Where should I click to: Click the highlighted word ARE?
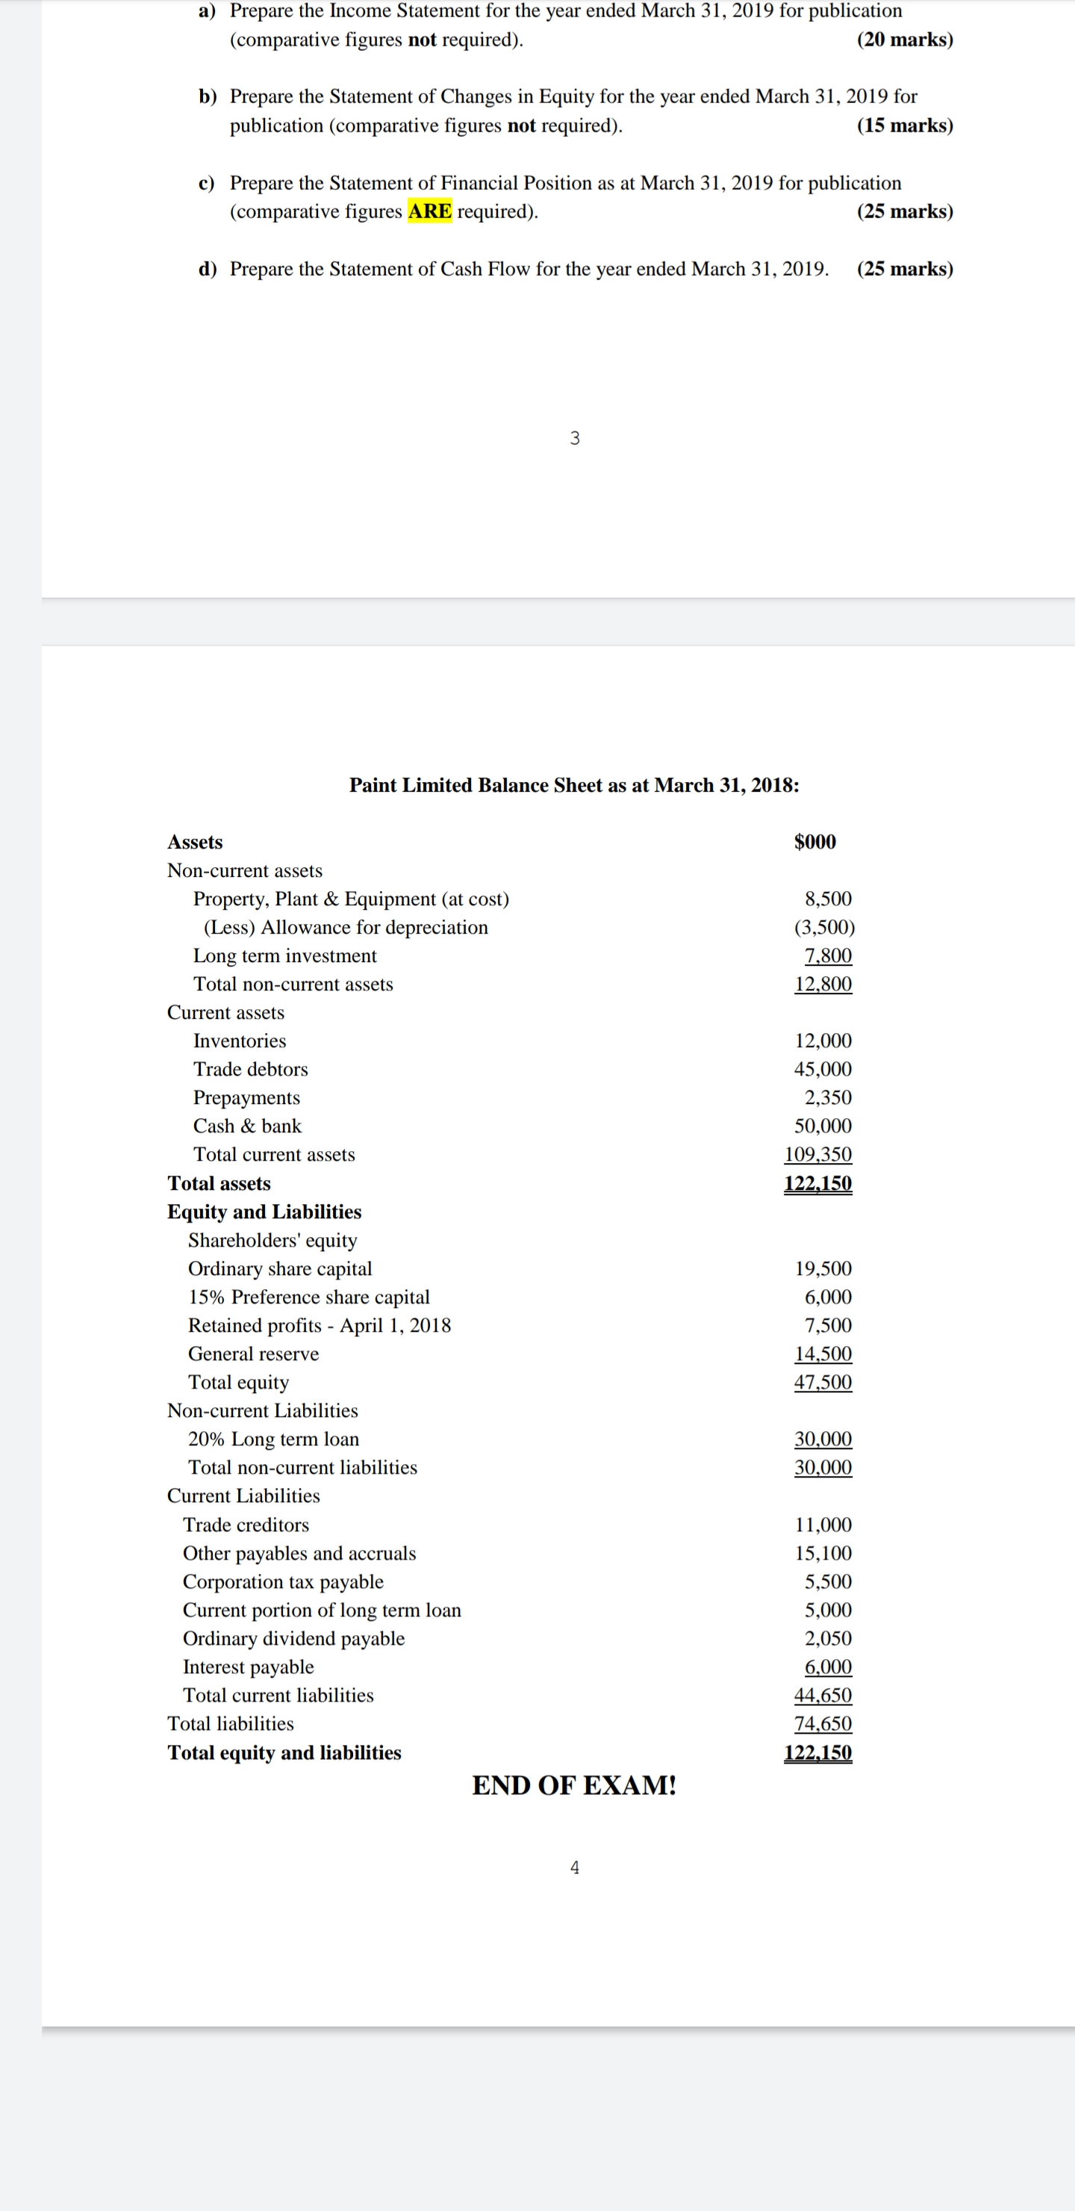point(430,211)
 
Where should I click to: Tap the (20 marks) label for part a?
point(904,40)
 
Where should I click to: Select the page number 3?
point(575,438)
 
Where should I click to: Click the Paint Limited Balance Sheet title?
point(574,784)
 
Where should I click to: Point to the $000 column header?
point(815,841)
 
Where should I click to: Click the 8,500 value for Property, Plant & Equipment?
point(828,899)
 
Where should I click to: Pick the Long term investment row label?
point(285,955)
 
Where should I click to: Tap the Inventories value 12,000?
point(823,1041)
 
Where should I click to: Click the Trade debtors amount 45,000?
point(823,1069)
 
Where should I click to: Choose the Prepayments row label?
point(246,1097)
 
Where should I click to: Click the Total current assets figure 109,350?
point(817,1153)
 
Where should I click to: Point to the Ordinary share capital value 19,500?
point(823,1268)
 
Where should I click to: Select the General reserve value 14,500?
point(823,1353)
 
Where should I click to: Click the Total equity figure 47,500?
point(823,1381)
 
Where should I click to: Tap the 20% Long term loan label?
point(274,1439)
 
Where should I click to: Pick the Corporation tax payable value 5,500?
point(828,1581)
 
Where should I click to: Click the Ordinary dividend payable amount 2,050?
point(828,1637)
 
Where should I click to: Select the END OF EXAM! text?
point(574,1784)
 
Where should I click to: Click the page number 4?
point(575,1867)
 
